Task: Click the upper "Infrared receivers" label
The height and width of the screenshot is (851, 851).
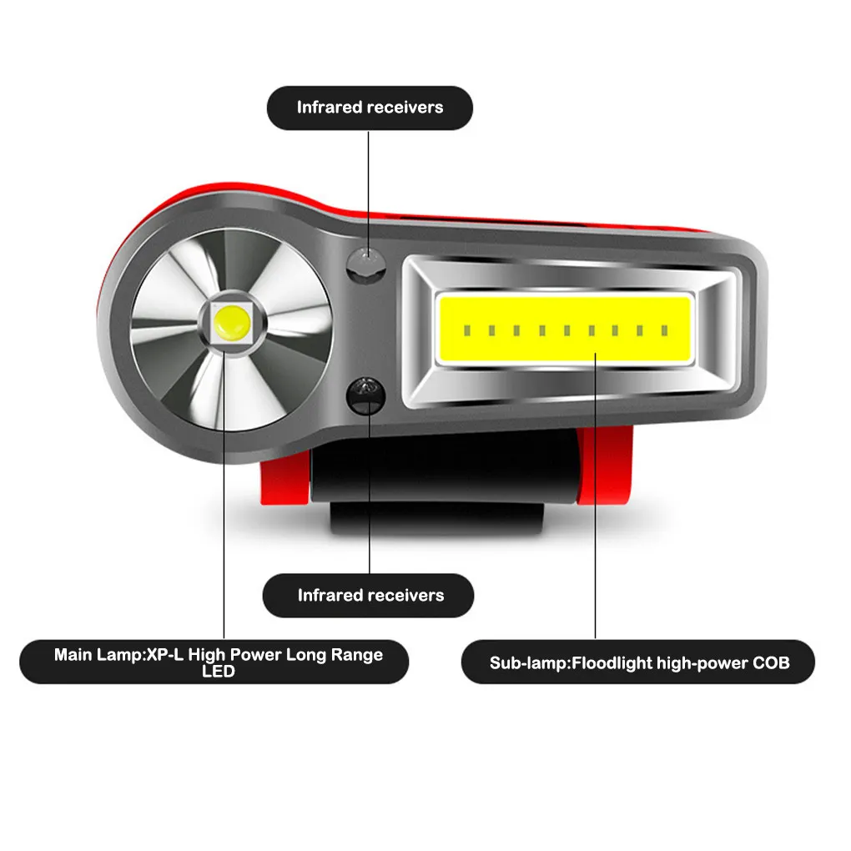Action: pos(370,108)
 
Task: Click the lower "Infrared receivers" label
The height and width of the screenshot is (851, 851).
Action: pos(370,596)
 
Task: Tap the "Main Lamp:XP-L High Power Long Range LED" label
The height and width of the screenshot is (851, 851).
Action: pos(218,662)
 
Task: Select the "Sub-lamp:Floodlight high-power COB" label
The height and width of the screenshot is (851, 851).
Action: pos(639,664)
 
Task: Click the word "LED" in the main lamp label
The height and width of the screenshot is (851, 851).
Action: pos(219,672)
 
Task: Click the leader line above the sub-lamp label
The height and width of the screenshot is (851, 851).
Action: pos(595,501)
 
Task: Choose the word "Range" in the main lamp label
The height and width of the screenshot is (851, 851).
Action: pos(358,655)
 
